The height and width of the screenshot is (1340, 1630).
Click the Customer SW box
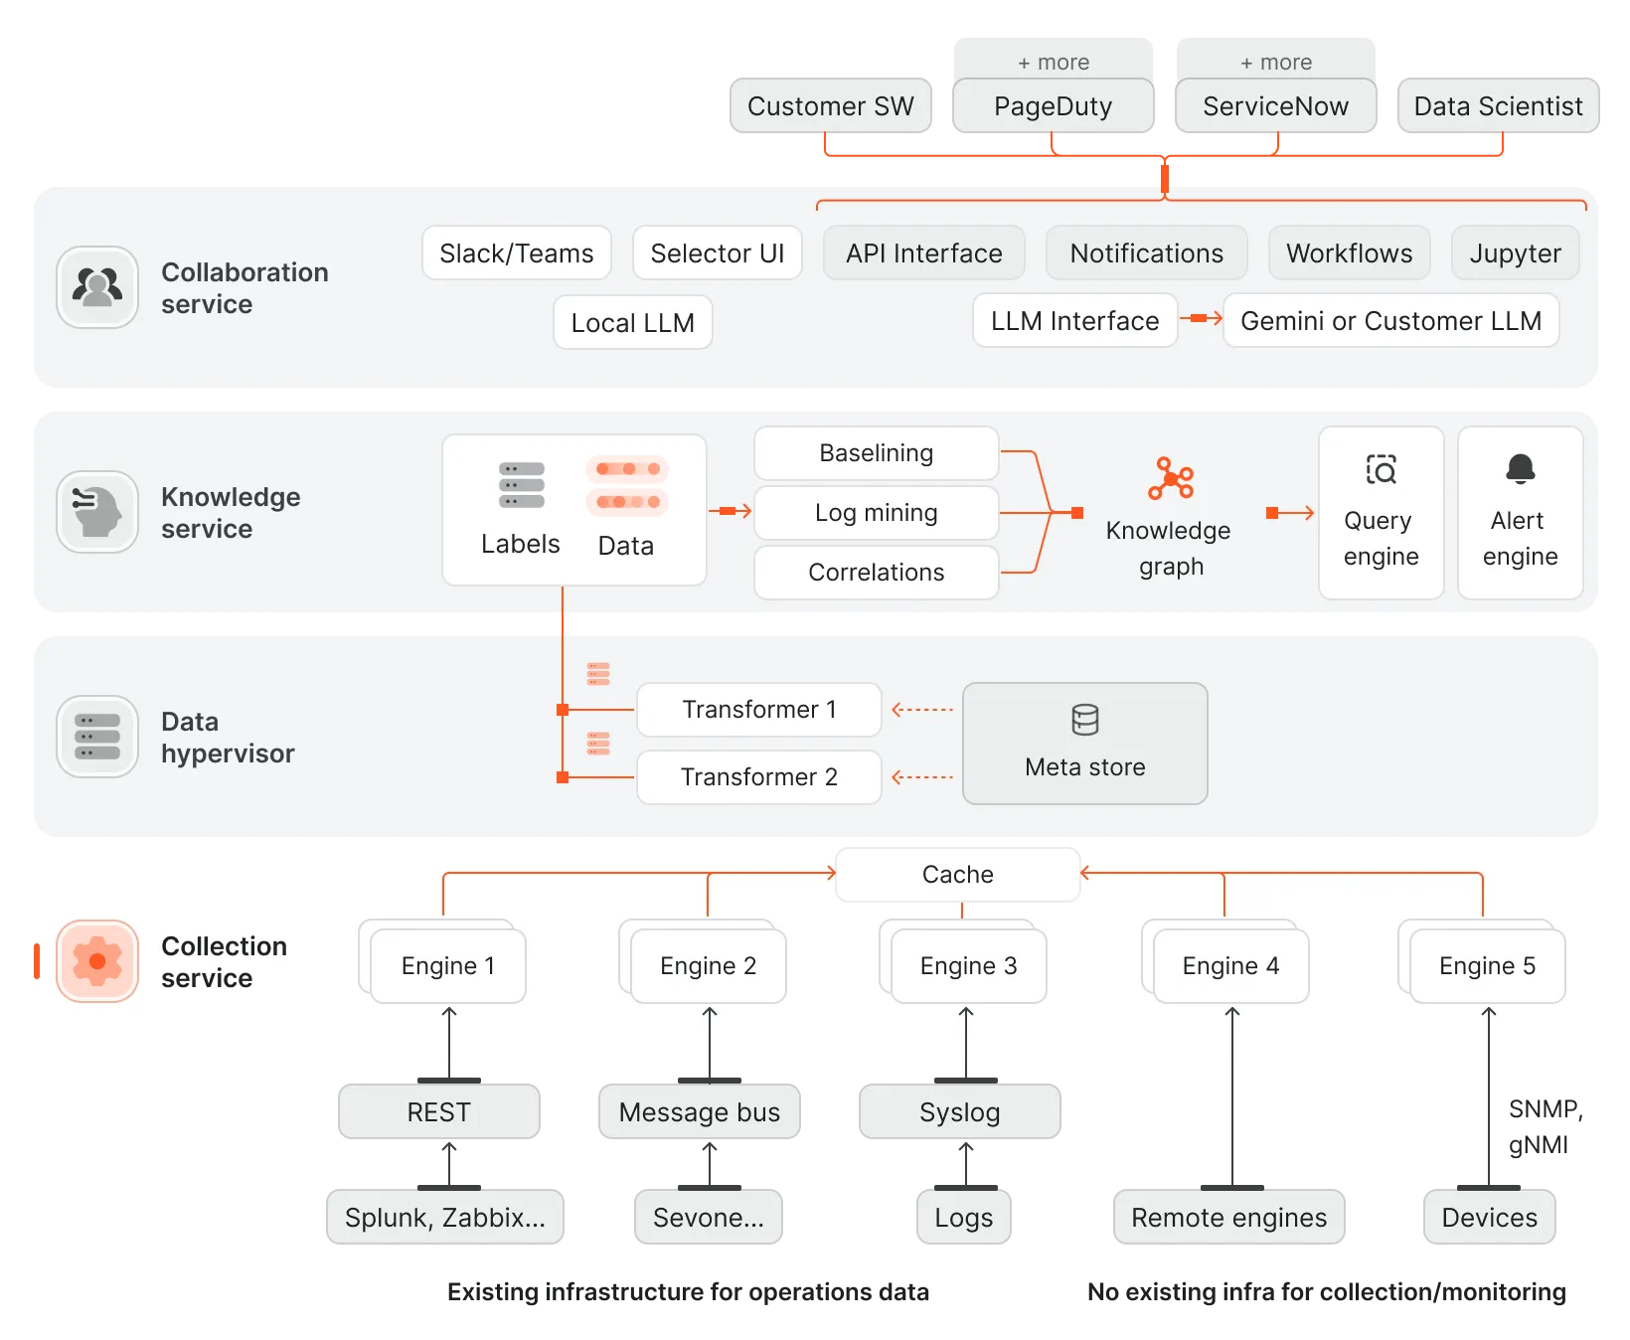coord(830,105)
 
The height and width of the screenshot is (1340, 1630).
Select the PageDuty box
coord(1053,105)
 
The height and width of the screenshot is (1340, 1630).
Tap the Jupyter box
coord(1515,253)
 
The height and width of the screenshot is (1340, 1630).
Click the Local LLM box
coord(632,323)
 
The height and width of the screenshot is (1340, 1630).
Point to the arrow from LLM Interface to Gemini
coord(1201,319)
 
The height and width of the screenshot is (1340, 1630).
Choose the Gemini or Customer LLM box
coord(1390,321)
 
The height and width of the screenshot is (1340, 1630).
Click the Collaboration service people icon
coord(97,287)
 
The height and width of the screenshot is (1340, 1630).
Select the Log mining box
coord(876,513)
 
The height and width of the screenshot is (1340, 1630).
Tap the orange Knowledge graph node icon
coord(1171,478)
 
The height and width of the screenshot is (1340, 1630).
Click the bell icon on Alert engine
coord(1520,468)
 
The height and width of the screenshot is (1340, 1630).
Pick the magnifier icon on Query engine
coord(1381,469)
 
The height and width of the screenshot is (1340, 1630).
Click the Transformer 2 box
coord(758,777)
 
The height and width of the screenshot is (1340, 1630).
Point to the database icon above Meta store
coord(1085,720)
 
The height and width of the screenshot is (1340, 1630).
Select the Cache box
coord(957,875)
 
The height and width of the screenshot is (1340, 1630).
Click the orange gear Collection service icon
coord(97,961)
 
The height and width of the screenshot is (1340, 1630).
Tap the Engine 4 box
coord(1230,966)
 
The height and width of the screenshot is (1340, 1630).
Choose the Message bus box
coord(700,1112)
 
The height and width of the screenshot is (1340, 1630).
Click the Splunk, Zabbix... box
coord(445,1218)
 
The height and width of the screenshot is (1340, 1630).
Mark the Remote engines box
coord(1228,1218)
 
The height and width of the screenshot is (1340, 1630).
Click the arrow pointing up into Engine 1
coord(449,1034)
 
